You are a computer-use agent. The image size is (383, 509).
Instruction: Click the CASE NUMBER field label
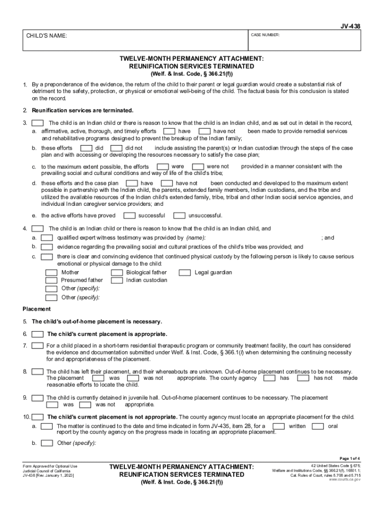coord(265,35)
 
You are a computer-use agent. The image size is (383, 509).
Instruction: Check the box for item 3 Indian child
coord(38,123)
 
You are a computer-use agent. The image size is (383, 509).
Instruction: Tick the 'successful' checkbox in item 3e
coord(129,215)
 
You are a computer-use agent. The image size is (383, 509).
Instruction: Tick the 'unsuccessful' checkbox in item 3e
coord(179,215)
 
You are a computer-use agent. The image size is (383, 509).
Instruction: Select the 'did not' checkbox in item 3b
coord(116,148)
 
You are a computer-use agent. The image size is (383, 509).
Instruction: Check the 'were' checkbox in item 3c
coord(162,166)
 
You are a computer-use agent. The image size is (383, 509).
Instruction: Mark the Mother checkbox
coord(51,272)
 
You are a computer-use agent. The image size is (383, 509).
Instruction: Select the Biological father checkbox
coord(117,272)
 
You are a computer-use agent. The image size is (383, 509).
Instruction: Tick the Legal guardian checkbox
coord(185,272)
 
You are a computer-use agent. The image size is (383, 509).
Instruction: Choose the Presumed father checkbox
coord(51,280)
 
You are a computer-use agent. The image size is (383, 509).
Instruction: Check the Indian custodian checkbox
coord(117,280)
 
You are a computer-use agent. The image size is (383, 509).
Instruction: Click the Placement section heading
coord(36,309)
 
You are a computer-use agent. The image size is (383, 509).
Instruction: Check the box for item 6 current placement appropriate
coord(37,334)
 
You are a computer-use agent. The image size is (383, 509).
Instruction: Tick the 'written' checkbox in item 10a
coord(279,426)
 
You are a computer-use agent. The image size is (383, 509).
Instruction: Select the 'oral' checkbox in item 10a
coord(318,426)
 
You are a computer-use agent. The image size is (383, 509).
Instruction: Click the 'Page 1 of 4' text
coord(350,458)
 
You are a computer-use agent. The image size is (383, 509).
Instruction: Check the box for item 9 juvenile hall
coord(37,398)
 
